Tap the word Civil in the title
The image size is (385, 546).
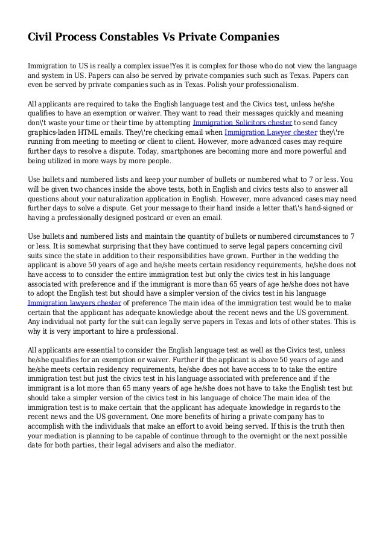click(x=41, y=37)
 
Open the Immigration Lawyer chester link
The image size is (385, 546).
click(x=261, y=132)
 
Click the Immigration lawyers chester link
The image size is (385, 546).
click(x=75, y=302)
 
